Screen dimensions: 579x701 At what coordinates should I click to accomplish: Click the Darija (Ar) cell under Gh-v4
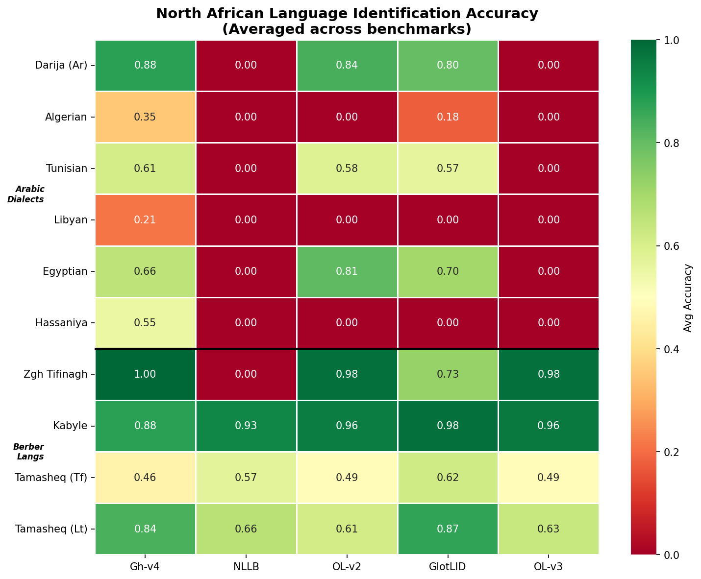click(x=145, y=65)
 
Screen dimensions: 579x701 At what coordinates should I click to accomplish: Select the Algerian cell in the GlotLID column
click(x=448, y=117)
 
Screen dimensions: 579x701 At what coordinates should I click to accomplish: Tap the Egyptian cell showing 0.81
click(x=347, y=271)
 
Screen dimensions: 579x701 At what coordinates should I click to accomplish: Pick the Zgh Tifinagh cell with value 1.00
click(x=145, y=374)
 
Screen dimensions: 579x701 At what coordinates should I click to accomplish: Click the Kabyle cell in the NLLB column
click(x=246, y=426)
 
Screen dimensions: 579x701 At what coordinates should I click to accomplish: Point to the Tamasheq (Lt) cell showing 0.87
click(x=448, y=529)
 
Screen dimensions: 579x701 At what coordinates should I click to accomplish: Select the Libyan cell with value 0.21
click(x=145, y=220)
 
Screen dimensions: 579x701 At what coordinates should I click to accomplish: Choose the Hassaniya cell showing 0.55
click(x=145, y=323)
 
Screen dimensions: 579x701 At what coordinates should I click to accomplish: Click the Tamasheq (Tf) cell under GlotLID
click(x=448, y=477)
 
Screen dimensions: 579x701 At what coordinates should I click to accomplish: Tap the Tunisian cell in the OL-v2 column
click(x=347, y=169)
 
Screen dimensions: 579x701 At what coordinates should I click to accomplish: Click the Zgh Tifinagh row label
click(x=55, y=374)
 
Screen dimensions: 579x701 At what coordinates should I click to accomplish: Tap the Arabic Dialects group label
click(x=30, y=194)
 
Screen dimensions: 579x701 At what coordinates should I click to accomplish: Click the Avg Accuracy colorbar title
click(x=688, y=298)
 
